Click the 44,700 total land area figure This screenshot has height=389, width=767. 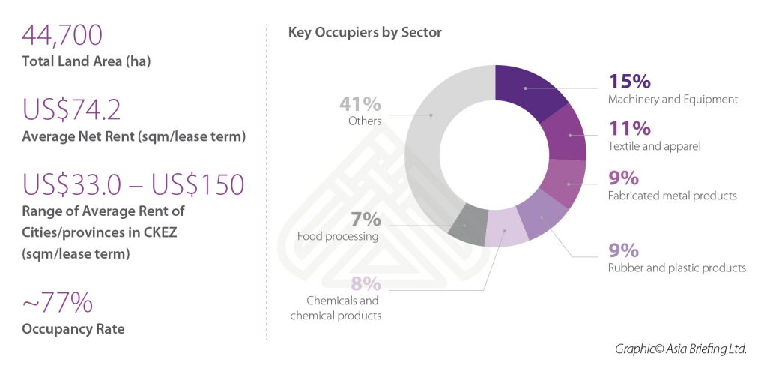(x=62, y=36)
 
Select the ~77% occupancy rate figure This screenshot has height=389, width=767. (x=58, y=303)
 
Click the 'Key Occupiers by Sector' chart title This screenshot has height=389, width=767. (x=365, y=33)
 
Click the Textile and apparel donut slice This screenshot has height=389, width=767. (x=567, y=135)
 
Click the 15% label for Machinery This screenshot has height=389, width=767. (x=629, y=81)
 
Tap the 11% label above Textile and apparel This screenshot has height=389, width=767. (x=628, y=128)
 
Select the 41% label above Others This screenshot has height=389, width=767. (x=360, y=103)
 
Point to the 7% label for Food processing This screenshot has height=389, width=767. (x=366, y=220)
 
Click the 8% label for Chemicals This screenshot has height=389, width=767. (x=366, y=284)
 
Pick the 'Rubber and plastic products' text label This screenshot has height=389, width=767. (x=677, y=268)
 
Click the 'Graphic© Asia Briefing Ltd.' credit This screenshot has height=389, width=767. (x=680, y=349)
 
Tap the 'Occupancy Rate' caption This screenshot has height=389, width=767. (x=73, y=329)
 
